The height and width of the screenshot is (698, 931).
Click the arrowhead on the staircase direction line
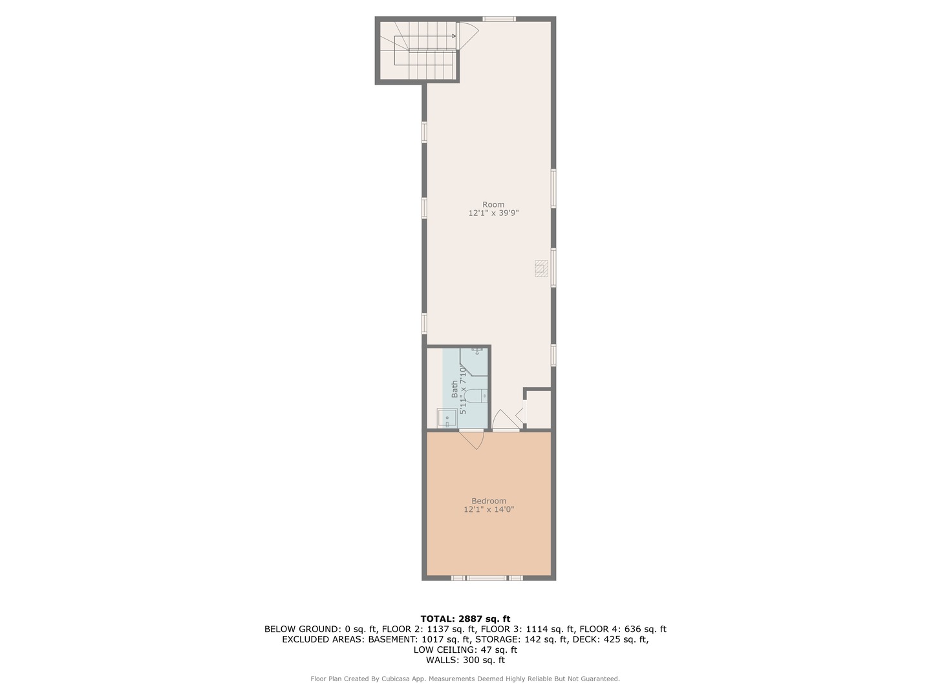tap(454, 36)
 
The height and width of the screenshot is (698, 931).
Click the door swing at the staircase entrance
tap(467, 36)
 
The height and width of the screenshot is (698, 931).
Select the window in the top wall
tap(499, 19)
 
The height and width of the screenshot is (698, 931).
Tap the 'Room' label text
tap(493, 205)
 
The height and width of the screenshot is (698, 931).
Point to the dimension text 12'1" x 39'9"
tap(493, 213)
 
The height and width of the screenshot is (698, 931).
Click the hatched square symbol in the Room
tap(542, 269)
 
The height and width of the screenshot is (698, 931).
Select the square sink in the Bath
tap(447, 419)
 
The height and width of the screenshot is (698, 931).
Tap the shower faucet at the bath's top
tap(477, 351)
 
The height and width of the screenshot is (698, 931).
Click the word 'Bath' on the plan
tap(455, 388)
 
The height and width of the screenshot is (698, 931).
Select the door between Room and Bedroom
tap(506, 420)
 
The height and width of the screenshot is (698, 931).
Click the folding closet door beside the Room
tap(524, 411)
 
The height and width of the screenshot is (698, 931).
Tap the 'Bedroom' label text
tap(489, 501)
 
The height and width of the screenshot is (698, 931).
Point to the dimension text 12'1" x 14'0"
tap(489, 510)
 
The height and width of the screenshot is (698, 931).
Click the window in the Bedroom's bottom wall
tap(487, 578)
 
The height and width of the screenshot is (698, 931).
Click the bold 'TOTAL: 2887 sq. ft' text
tap(465, 619)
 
